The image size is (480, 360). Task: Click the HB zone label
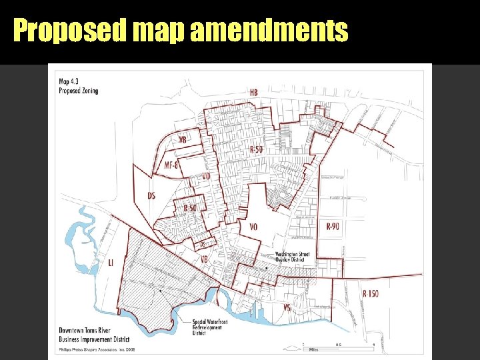pos(254,91)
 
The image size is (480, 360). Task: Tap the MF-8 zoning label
pos(171,165)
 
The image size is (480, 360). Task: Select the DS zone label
pos(151,195)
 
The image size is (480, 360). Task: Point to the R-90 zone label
pos(333,227)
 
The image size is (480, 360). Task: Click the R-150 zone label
pos(371,293)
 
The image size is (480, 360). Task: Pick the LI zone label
pos(111,263)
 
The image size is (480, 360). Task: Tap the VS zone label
pos(287,307)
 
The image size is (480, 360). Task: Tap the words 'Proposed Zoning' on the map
pos(77,91)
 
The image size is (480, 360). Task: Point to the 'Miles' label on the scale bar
pos(313,349)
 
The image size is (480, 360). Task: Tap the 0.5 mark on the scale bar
pos(339,345)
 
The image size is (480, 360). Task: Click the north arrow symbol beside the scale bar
pos(303,344)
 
